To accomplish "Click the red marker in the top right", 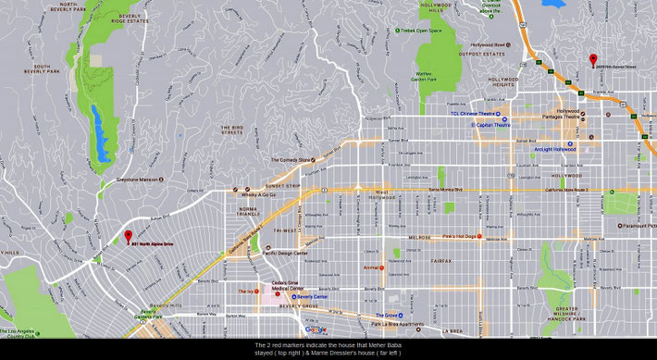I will (x=593, y=60).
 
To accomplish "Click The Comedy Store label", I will (x=291, y=160).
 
